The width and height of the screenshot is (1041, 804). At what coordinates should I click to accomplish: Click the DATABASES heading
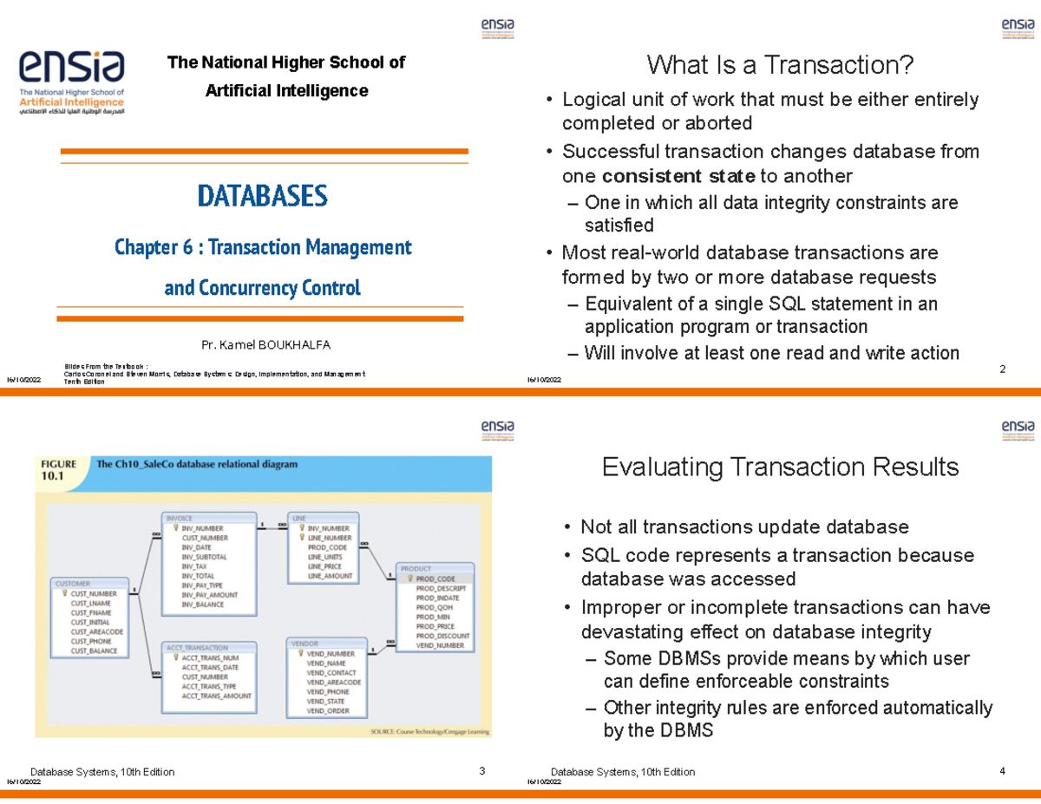pos(262,196)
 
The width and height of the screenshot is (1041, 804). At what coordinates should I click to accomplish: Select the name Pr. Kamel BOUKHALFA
pos(265,345)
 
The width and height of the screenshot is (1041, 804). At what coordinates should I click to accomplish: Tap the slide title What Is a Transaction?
pos(780,65)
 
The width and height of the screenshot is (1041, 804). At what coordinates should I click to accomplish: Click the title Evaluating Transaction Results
pos(780,467)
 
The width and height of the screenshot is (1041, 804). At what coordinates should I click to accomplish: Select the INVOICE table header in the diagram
pos(180,518)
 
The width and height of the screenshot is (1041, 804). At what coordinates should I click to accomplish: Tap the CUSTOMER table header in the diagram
pos(73,584)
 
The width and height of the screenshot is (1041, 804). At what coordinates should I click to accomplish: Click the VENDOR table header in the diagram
pos(304,644)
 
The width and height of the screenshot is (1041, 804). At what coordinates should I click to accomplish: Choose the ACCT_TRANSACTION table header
pos(199,648)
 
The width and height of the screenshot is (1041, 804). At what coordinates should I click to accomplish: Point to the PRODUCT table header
pos(417,569)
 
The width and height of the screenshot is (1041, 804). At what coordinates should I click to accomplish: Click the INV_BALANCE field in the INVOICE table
pos(203,605)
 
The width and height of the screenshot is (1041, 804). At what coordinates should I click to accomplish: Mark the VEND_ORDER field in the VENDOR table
pos(328,711)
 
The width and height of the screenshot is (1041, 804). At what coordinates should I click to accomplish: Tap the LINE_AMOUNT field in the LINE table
pos(330,576)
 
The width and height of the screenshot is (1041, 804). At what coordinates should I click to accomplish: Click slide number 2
pos(1002,370)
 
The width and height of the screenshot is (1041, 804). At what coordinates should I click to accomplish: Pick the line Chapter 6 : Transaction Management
pos(263,248)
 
